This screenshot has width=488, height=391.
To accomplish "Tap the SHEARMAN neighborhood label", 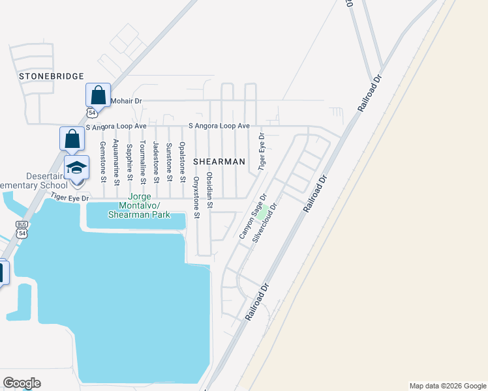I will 219,161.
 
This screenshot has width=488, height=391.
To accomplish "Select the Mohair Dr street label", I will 126,101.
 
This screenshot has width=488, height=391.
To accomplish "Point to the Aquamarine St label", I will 115,160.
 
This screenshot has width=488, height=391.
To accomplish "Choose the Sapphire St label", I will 129,160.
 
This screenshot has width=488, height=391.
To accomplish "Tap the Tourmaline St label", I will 143,162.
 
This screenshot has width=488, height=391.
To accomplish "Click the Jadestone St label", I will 156,160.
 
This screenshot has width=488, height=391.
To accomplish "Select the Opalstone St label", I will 183,161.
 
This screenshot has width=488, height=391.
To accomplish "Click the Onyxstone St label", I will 196,196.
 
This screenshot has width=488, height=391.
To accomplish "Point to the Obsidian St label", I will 209,190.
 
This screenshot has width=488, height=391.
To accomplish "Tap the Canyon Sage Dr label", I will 253,216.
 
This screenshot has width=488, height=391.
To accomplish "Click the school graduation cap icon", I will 76,167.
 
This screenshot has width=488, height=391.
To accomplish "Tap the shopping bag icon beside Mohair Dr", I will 98,95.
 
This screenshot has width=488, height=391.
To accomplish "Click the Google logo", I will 22,383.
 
